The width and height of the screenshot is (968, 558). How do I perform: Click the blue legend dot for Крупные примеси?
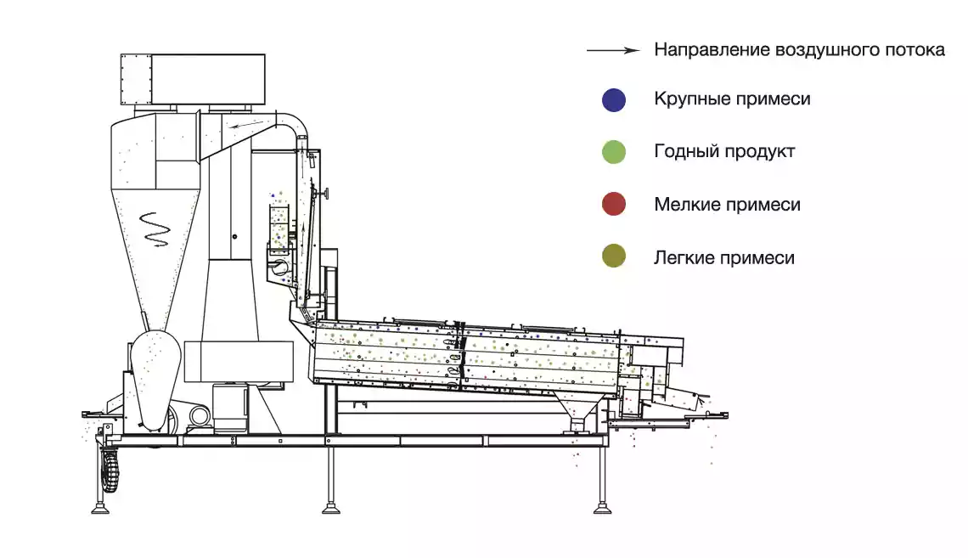[614, 99]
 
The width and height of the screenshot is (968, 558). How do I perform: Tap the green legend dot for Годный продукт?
[614, 152]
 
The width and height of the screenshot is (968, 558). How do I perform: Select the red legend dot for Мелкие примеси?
[614, 204]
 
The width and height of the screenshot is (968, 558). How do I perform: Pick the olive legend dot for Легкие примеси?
[614, 256]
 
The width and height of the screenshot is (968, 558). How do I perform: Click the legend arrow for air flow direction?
[614, 50]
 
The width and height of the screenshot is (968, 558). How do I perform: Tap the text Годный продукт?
[724, 152]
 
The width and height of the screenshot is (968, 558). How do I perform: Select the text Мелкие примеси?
[727, 205]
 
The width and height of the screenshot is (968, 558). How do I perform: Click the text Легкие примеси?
[724, 256]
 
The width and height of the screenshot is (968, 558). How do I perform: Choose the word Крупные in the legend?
[689, 99]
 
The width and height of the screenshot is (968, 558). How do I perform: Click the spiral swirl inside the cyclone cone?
[155, 229]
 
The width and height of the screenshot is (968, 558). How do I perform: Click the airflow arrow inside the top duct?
[249, 126]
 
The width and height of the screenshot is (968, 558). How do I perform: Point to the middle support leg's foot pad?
[331, 510]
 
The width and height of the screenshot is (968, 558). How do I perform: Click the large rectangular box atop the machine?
[194, 79]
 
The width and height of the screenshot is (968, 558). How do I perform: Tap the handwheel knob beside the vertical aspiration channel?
[323, 193]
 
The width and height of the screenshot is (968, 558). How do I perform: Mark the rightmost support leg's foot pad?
[603, 510]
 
